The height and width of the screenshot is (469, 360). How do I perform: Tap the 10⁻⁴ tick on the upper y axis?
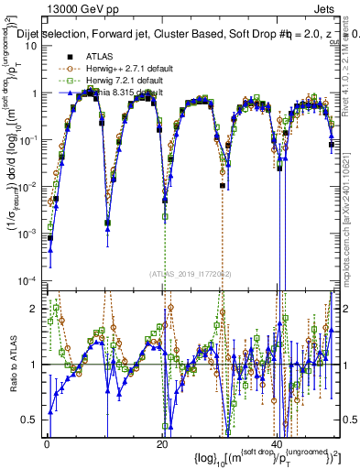point(30,280)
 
